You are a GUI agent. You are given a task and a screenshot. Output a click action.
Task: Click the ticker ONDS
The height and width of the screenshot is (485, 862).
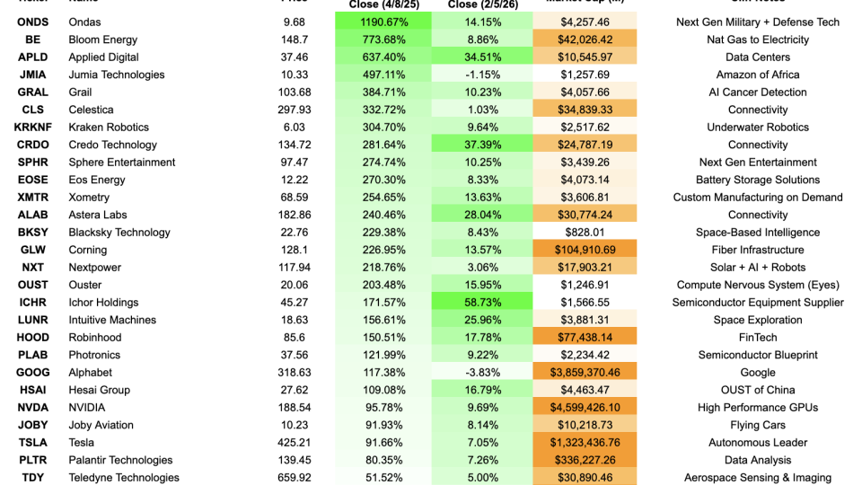pos(33,22)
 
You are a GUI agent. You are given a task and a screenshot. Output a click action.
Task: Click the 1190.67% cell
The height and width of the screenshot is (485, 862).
pos(383,22)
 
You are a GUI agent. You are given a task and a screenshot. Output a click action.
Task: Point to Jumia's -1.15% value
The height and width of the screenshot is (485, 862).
pos(482,75)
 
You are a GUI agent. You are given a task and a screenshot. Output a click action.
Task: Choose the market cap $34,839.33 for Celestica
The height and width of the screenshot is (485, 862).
pos(585,110)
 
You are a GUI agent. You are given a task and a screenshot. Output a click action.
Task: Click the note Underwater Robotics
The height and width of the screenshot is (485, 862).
pos(758,128)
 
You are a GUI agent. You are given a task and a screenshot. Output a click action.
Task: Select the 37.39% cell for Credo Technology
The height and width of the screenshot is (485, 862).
pos(482,145)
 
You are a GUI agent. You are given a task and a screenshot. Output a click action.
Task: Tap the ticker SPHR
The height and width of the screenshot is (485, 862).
pos(33,163)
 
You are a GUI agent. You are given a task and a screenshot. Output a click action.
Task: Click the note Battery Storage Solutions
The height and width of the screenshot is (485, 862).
pos(758,180)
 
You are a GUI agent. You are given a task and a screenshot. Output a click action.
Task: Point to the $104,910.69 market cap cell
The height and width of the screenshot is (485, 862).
pos(585,250)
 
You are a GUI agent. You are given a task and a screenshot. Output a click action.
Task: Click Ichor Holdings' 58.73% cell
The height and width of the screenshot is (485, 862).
pos(482,303)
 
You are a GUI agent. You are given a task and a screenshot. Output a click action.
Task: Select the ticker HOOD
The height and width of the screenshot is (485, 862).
pos(33,338)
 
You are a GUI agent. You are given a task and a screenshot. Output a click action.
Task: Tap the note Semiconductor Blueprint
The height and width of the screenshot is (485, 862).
pos(758,355)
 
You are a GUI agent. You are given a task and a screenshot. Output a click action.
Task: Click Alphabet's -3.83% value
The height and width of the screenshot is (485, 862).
pos(482,373)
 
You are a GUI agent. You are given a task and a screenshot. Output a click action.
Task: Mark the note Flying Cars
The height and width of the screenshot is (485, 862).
pos(758,425)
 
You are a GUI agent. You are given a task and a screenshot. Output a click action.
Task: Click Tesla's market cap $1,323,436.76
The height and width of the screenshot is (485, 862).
pos(585,443)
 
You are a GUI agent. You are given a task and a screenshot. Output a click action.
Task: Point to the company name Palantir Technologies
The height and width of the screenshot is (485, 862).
pos(120,460)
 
